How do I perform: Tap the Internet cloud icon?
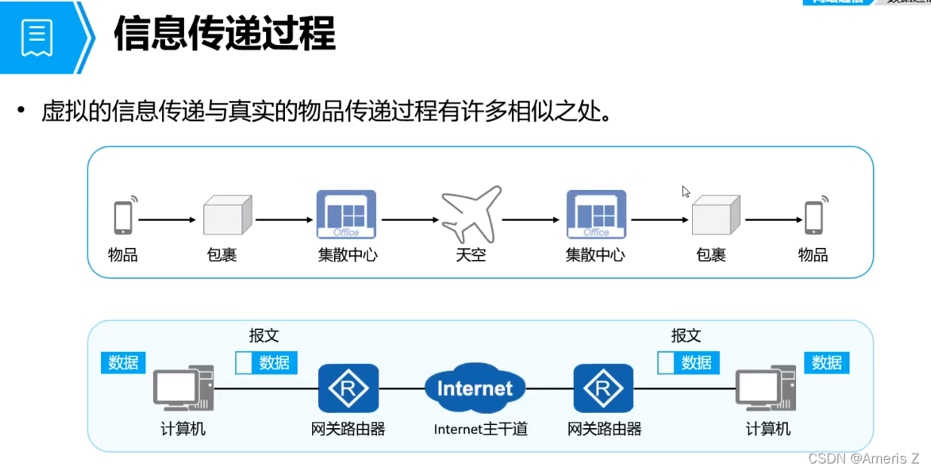pyautogui.click(x=474, y=388)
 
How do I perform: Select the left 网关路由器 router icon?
pyautogui.click(x=348, y=389)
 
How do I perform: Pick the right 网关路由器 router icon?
pyautogui.click(x=602, y=389)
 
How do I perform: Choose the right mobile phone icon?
pyautogui.click(x=813, y=216)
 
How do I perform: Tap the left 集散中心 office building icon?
pyautogui.click(x=346, y=215)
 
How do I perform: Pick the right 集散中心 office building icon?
pyautogui.click(x=596, y=215)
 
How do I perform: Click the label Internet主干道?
pyautogui.click(x=480, y=430)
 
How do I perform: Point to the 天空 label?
pyautogui.click(x=470, y=255)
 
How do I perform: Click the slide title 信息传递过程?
pyautogui.click(x=225, y=35)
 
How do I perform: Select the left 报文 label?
pyautogui.click(x=264, y=335)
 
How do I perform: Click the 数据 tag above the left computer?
pyautogui.click(x=123, y=362)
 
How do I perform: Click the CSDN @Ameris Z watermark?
pyautogui.click(x=863, y=458)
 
